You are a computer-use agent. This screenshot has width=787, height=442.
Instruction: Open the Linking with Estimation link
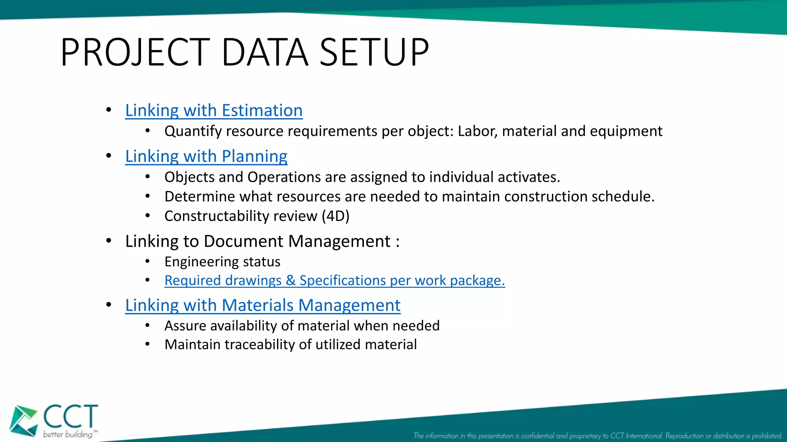214,110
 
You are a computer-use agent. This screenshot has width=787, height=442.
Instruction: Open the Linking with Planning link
206,157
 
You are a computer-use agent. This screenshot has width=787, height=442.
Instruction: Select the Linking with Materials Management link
262,305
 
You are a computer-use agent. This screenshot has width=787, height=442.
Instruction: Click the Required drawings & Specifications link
334,280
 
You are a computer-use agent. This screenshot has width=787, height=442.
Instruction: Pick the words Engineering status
222,262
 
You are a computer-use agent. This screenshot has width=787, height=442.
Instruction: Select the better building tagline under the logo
68,434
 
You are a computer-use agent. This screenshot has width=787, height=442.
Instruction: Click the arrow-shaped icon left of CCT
23,421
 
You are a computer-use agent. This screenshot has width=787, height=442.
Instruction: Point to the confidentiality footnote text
598,436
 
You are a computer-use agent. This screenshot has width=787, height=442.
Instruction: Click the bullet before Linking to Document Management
109,241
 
